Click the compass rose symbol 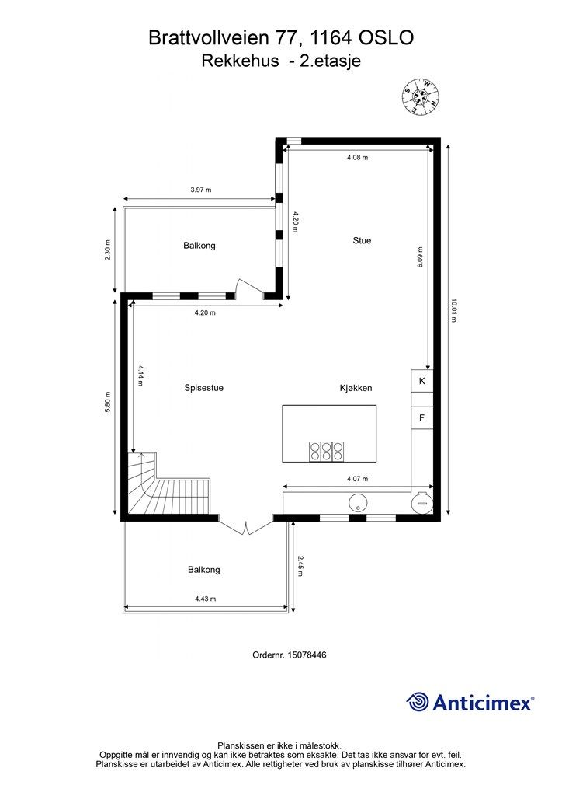click(420, 96)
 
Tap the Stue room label click(362, 241)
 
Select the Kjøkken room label click(356, 388)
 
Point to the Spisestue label click(203, 388)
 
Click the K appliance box click(421, 381)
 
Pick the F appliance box click(421, 417)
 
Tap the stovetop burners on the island click(327, 452)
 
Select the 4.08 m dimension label click(357, 157)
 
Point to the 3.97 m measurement click(201, 190)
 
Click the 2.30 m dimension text click(107, 250)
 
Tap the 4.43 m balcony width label click(205, 599)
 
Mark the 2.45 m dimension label click(300, 566)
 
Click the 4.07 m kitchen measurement click(357, 479)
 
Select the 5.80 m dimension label click(107, 402)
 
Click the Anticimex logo click(470, 702)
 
